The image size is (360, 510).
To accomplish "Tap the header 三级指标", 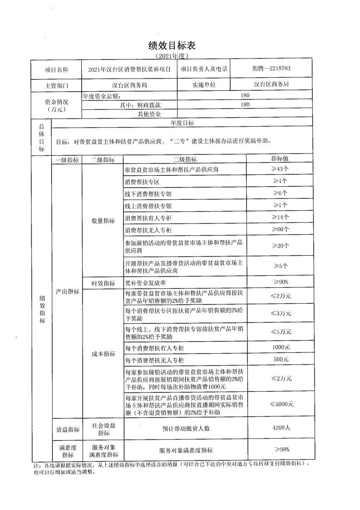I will (x=185, y=159).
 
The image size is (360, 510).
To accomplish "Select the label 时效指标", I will (x=103, y=283).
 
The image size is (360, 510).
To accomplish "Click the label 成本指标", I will (x=103, y=353).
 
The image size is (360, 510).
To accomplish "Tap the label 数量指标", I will (x=103, y=221).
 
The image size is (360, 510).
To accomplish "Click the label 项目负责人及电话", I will (x=204, y=69).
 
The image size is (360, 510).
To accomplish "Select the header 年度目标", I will (x=182, y=123).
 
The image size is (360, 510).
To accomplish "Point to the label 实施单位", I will (x=204, y=85).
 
